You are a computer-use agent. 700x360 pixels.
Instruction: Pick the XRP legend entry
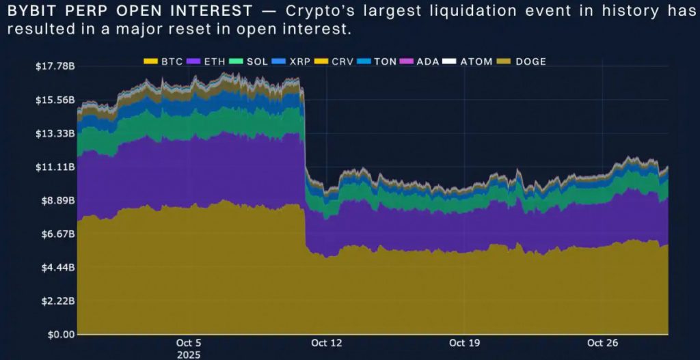click(292, 61)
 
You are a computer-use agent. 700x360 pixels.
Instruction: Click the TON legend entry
click(377, 61)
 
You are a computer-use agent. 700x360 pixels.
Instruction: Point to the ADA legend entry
click(420, 61)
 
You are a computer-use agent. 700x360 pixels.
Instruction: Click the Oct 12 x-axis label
click(327, 343)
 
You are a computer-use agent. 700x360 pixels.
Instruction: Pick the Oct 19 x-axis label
click(463, 343)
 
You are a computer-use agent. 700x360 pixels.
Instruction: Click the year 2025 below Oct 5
click(189, 355)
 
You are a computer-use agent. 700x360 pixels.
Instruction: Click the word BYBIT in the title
click(28, 12)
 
